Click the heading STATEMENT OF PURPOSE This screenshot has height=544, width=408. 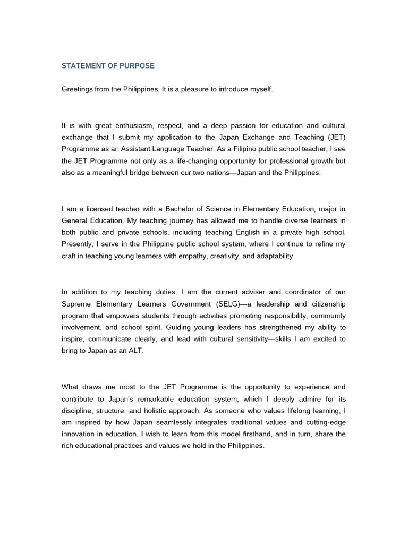click(108, 66)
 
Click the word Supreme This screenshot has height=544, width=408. click(76, 303)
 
